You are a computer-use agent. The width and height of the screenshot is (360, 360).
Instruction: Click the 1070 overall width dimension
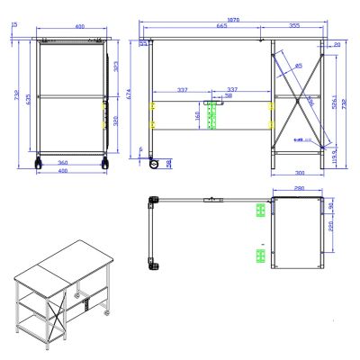[234, 19]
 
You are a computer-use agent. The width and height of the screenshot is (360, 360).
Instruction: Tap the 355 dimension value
[294, 27]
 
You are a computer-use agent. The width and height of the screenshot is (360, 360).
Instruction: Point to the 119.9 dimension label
[335, 154]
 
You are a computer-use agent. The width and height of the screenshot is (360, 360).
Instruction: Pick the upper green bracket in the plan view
[260, 211]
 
